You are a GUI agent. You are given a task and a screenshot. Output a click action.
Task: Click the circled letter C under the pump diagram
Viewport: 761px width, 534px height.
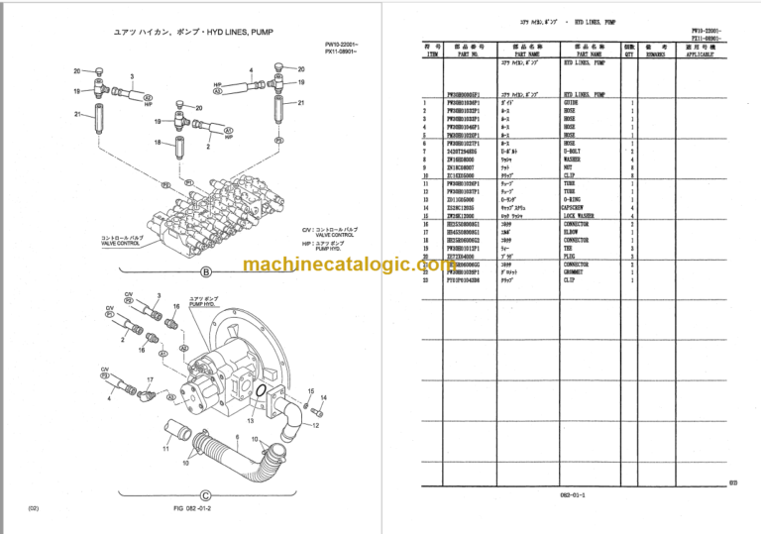[x=205, y=494]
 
